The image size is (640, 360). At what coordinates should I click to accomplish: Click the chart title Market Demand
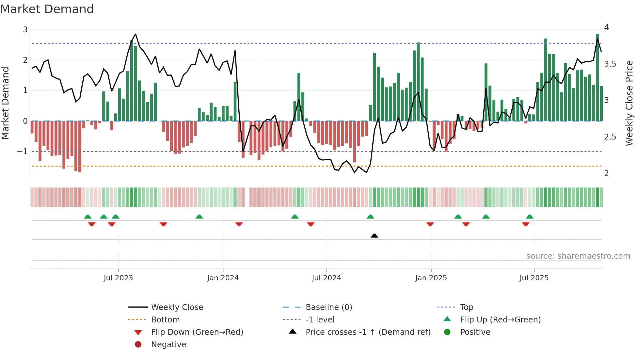(x=47, y=9)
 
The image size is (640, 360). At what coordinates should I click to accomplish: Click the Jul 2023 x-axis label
(x=118, y=278)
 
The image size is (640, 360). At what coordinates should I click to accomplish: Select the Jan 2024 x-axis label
(x=223, y=278)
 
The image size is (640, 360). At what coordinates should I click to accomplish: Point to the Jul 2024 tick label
(x=326, y=278)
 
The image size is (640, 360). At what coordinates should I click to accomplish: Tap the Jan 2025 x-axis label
(x=431, y=278)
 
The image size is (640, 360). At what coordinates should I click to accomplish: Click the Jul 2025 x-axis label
(x=534, y=278)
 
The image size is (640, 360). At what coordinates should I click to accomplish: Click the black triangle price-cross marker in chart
(x=375, y=236)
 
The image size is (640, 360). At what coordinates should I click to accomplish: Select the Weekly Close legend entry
(x=177, y=307)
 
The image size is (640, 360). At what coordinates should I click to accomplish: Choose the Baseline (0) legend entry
(x=328, y=307)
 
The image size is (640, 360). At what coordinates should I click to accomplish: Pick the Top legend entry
(x=466, y=307)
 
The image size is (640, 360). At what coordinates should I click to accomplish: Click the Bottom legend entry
(x=165, y=319)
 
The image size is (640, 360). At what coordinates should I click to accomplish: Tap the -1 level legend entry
(x=320, y=319)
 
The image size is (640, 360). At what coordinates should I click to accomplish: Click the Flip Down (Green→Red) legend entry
(x=197, y=332)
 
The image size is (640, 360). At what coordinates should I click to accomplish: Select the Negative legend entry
(x=168, y=344)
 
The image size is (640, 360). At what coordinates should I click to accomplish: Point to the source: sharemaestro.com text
(x=578, y=256)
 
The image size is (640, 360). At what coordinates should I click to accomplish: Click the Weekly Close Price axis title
(x=629, y=103)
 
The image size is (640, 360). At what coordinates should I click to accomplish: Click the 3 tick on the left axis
(x=25, y=29)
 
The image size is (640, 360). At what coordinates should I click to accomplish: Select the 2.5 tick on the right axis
(x=610, y=137)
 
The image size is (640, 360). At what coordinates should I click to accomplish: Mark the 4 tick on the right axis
(x=606, y=27)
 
